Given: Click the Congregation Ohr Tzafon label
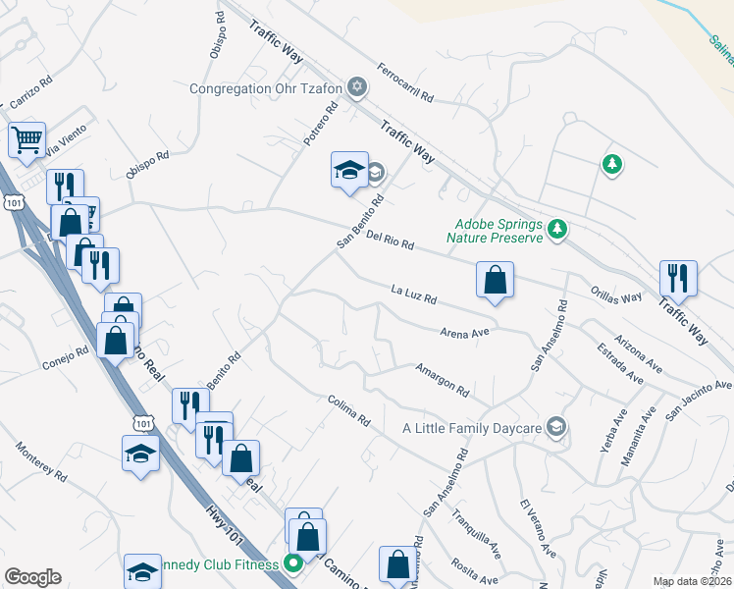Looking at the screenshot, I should coord(266,88).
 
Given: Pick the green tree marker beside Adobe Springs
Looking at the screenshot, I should coord(558,229).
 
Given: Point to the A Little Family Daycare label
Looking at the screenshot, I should coord(472,428).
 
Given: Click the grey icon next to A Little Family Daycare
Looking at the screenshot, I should coord(556,426).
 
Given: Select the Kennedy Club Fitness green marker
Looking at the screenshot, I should coord(292,563).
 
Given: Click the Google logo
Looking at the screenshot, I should coord(32,577).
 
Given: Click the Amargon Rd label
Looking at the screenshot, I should coord(442,379).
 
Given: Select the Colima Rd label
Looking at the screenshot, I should coord(349,410).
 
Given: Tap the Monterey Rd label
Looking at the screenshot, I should coord(41,460).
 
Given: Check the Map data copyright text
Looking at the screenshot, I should coord(691,581).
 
